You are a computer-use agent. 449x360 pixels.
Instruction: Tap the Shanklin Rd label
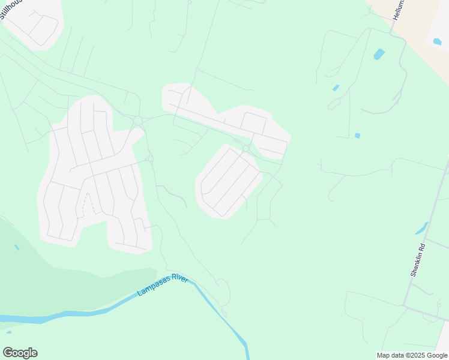pyautogui.click(x=418, y=259)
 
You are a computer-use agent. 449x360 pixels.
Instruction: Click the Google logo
pyautogui.click(x=20, y=353)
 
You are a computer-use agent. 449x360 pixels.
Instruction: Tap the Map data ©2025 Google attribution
pyautogui.click(x=412, y=355)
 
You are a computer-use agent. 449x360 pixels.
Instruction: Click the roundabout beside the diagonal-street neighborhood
pyautogui.click(x=246, y=148)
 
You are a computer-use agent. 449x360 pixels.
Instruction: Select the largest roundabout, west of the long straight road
pyautogui.click(x=138, y=121)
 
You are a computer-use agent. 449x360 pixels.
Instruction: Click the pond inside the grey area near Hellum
pyautogui.click(x=437, y=42)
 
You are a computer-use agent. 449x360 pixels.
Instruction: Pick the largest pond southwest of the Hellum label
pyautogui.click(x=379, y=54)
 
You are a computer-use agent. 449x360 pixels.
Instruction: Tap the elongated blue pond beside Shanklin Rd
pyautogui.click(x=421, y=228)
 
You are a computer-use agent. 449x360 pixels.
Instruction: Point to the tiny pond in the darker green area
pyautogui.click(x=16, y=247)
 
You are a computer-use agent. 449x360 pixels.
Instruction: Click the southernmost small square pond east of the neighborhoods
pyautogui.click(x=358, y=136)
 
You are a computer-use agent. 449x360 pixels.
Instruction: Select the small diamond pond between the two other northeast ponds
pyautogui.click(x=336, y=88)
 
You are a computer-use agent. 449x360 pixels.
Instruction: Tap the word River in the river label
pyautogui.click(x=179, y=281)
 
